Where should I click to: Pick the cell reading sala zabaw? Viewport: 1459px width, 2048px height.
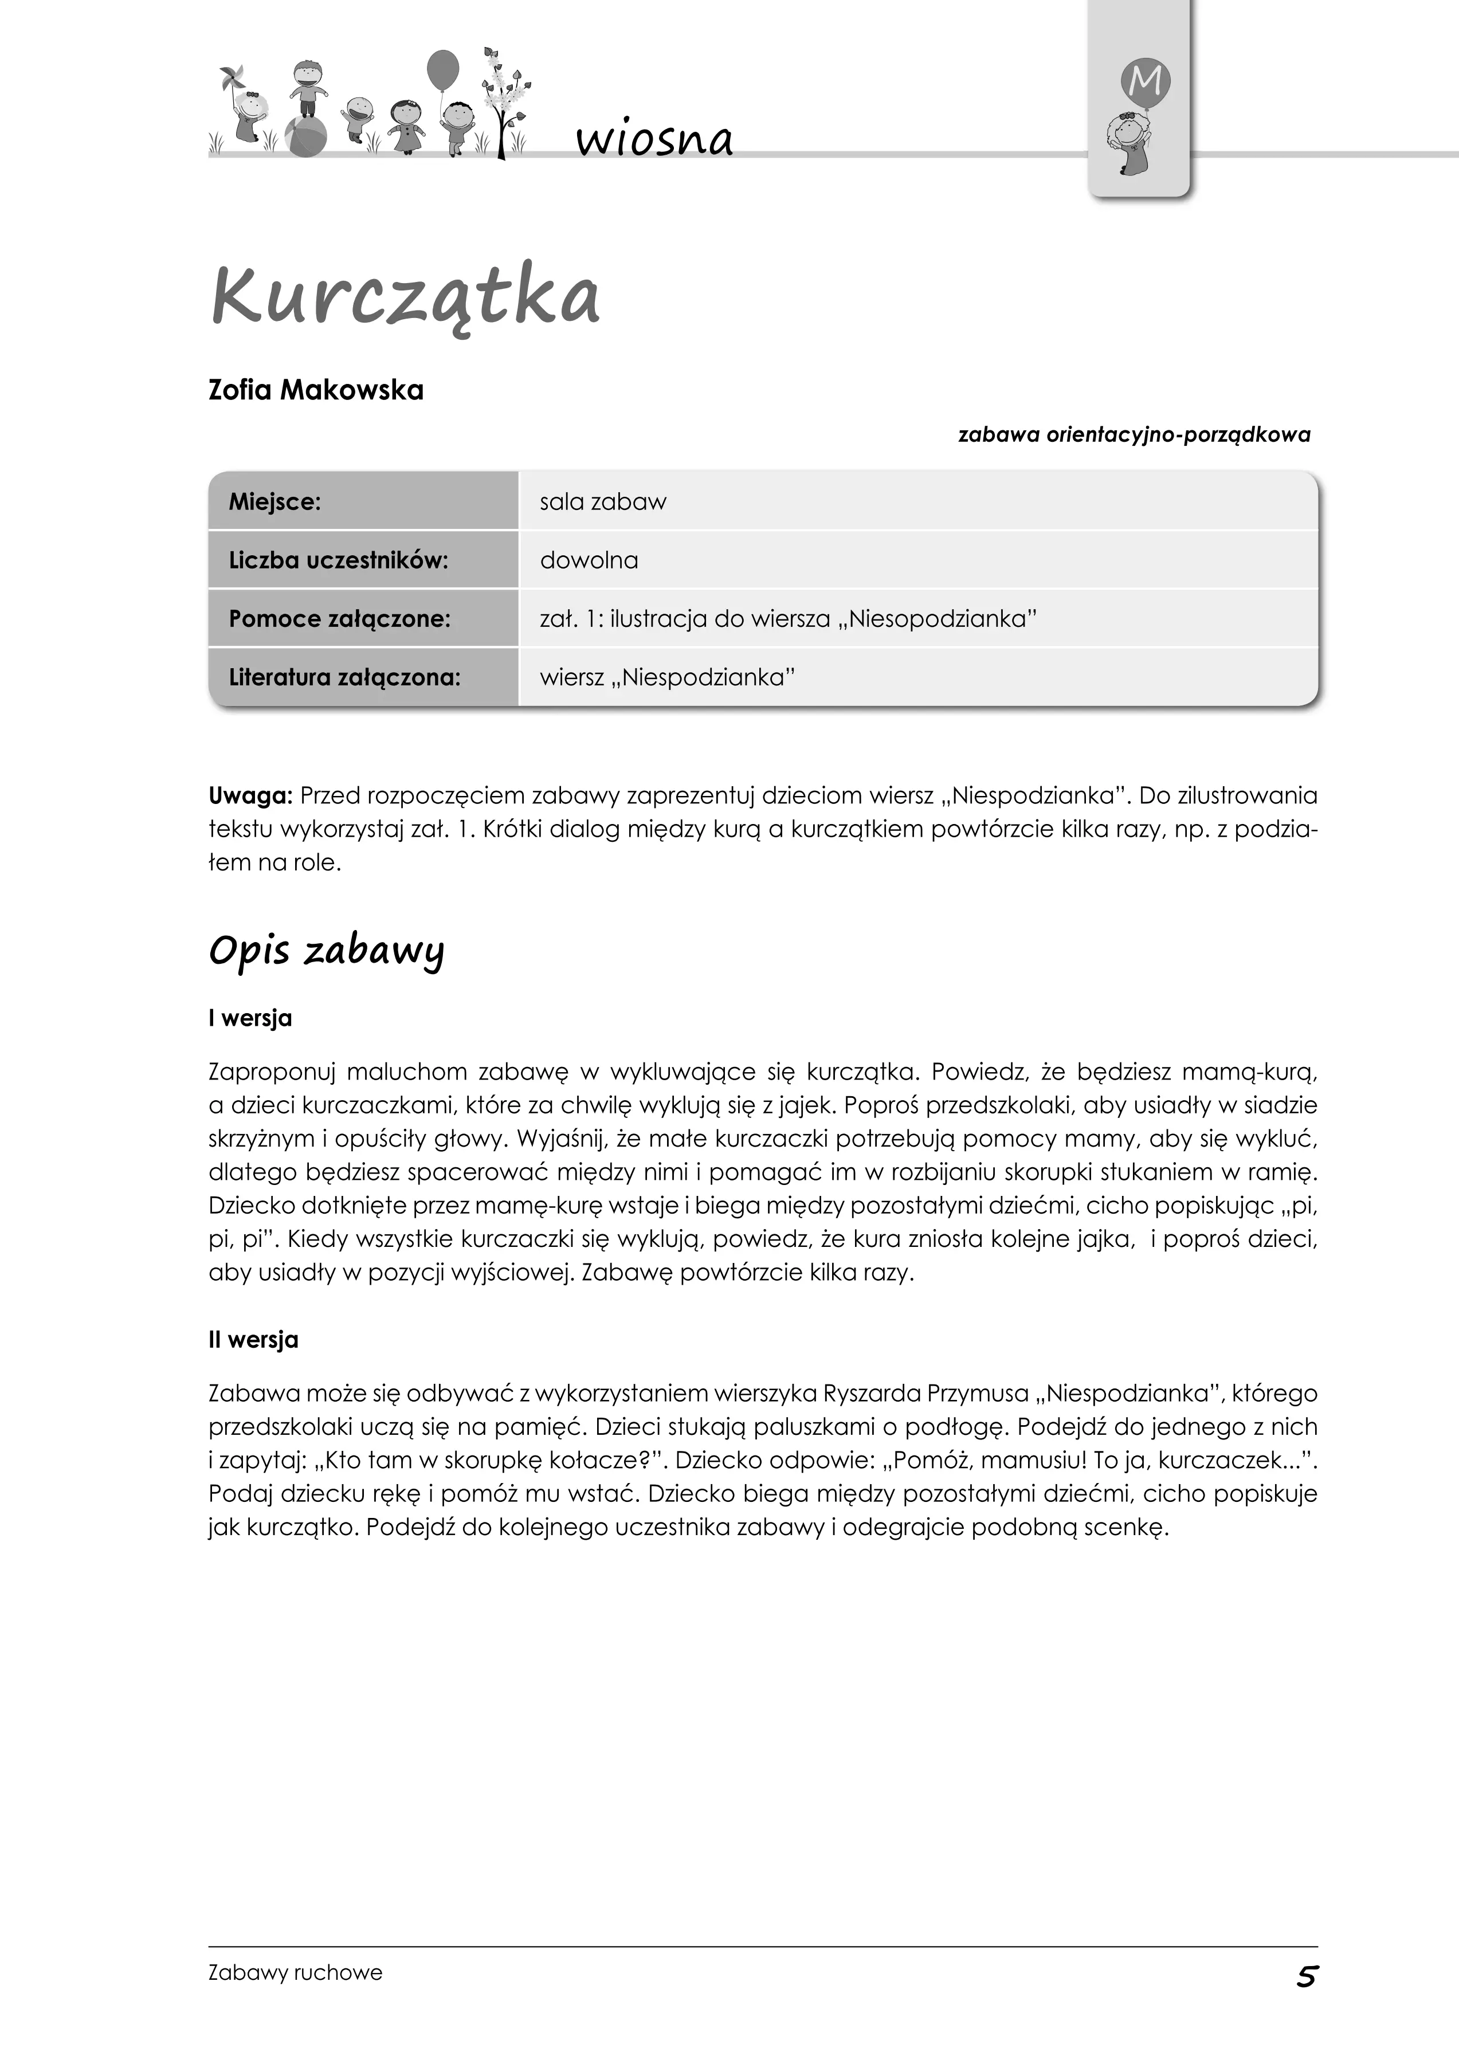click(x=603, y=501)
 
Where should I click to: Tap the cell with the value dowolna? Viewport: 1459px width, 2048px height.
click(x=589, y=560)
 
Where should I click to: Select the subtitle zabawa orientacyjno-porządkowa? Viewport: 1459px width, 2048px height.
click(x=1134, y=435)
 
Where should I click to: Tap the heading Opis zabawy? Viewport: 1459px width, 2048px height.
click(x=326, y=950)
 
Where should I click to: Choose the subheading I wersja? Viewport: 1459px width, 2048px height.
click(x=250, y=1019)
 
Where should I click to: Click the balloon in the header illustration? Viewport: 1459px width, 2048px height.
click(x=442, y=69)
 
